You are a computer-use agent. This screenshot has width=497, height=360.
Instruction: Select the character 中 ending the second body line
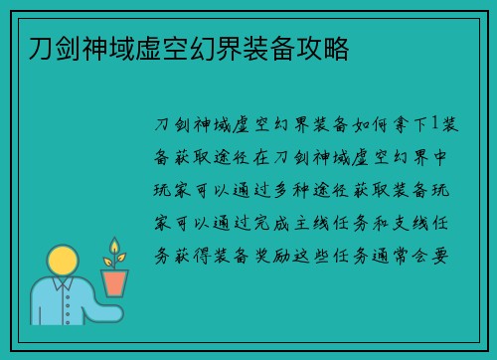click(445, 157)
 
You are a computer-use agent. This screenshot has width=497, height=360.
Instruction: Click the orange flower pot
click(115, 282)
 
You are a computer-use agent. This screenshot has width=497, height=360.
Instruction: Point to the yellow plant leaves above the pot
click(114, 253)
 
